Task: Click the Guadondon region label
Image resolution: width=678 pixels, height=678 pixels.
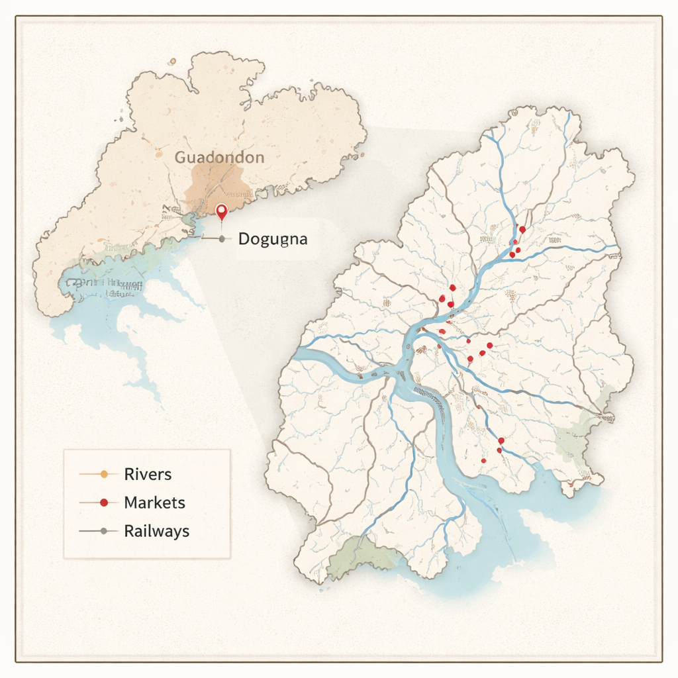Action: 219,158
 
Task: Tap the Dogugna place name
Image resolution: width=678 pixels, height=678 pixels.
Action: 272,239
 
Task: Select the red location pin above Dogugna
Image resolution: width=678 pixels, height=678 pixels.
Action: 222,212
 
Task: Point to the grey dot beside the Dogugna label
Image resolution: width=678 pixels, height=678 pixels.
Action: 221,239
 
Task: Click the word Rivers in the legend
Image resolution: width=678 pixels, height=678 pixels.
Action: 148,474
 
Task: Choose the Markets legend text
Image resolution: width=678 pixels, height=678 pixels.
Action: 154,503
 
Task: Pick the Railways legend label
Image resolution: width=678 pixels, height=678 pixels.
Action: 156,531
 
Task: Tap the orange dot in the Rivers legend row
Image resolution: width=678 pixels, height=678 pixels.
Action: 103,474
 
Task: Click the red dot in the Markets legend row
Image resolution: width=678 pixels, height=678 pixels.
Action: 103,503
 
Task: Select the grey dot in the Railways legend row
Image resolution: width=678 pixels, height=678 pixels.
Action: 103,531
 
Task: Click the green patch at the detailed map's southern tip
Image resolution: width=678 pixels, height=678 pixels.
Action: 358,555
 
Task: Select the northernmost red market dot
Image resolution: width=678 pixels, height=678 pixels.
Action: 522,230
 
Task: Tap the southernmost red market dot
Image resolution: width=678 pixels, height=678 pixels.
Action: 484,460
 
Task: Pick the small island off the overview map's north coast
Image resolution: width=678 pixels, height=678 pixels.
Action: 172,62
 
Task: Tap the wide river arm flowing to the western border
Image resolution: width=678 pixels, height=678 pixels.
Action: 324,361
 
